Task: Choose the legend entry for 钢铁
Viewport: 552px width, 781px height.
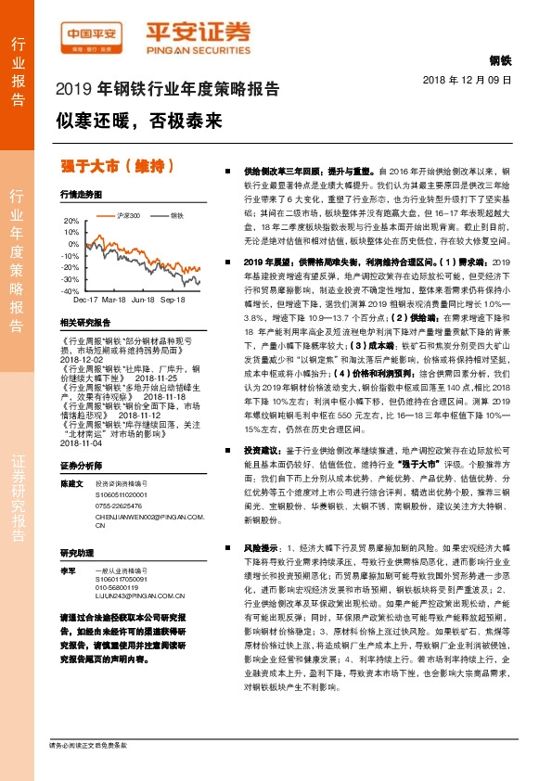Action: click(152, 215)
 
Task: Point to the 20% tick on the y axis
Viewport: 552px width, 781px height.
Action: click(71, 221)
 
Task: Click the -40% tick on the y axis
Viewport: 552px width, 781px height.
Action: click(70, 290)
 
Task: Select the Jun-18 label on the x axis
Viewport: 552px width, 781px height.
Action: click(143, 301)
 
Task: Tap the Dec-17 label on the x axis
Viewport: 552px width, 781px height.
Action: click(85, 301)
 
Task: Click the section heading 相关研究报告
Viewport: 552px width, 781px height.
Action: click(84, 323)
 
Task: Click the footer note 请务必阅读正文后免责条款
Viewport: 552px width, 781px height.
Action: click(87, 745)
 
